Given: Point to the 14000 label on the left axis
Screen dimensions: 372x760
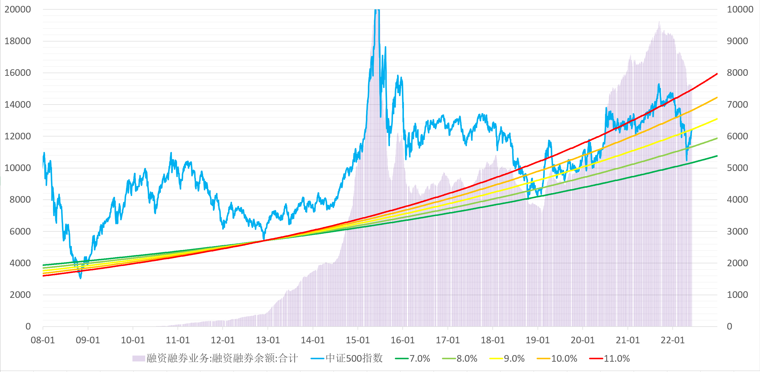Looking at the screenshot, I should pos(17,105).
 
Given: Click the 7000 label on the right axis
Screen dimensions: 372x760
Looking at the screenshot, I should pos(737,105).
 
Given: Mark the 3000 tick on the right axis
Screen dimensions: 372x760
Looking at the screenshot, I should pos(737,231).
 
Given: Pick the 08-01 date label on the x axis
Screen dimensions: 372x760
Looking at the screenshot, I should pos(43,340).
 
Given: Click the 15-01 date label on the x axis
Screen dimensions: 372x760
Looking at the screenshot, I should pos(358,340).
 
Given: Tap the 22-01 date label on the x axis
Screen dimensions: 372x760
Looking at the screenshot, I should pos(672,340).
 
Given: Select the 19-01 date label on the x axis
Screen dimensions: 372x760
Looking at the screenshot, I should pos(538,340).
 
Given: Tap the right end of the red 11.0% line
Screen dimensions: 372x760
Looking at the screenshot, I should pos(717,74).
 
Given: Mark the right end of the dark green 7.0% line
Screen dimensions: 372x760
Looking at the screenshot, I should pos(717,156).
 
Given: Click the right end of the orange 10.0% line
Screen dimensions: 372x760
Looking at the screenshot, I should pos(717,97).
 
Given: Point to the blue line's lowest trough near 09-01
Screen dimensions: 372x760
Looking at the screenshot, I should pos(80,278).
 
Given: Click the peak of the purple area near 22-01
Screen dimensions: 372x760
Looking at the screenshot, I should pos(659,22).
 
